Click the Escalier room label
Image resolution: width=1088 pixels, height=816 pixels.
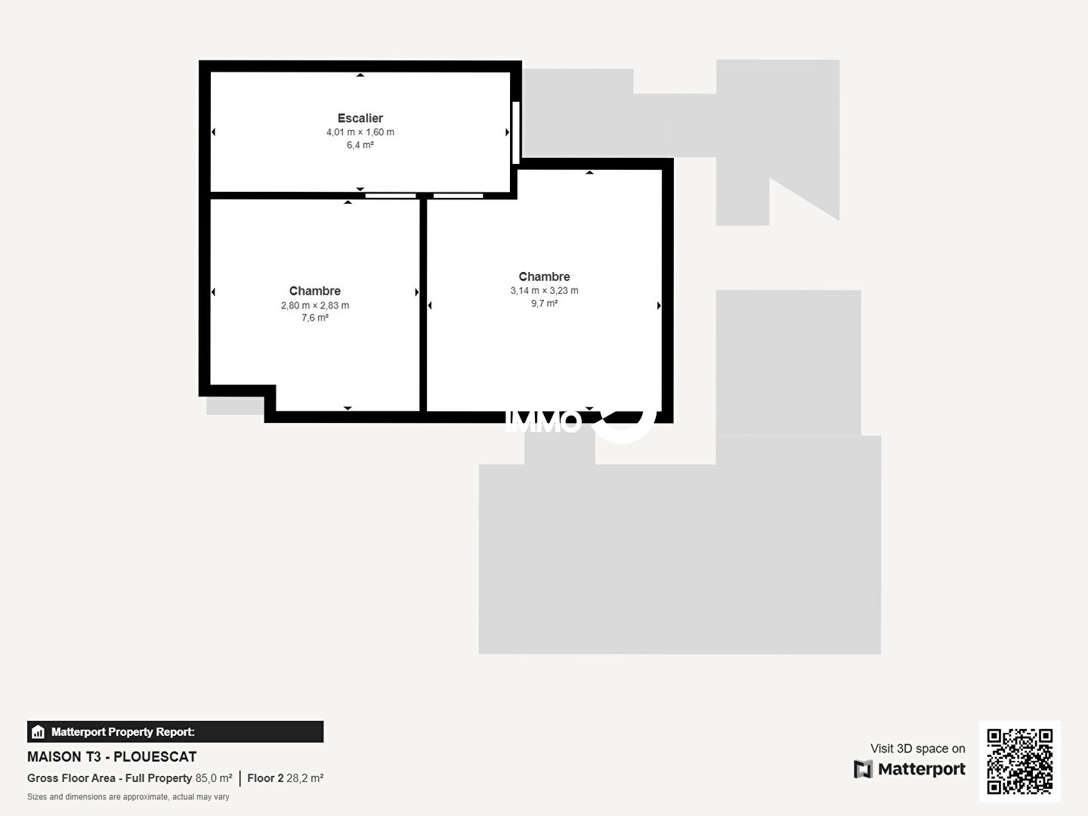tap(360, 118)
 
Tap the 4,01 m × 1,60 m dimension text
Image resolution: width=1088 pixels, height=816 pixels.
tap(360, 132)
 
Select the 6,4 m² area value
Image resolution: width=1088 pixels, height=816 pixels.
tap(360, 144)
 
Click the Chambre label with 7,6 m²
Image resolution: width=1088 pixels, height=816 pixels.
tap(315, 291)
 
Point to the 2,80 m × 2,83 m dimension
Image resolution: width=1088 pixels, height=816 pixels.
tap(315, 305)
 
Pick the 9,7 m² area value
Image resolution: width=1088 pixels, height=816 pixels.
tap(544, 303)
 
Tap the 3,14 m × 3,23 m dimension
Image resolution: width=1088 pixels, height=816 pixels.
tap(544, 290)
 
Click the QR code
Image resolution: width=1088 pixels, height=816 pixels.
tap(1019, 761)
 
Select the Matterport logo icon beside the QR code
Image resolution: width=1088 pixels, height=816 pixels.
tap(863, 769)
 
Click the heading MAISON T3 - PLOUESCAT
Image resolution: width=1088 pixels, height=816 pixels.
tap(112, 756)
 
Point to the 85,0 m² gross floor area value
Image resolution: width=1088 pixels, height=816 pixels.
tap(214, 778)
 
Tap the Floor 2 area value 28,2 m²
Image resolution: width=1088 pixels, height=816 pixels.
tap(304, 778)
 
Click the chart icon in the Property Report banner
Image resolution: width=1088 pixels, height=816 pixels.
tap(39, 732)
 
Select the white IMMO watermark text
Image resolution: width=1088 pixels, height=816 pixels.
tap(543, 422)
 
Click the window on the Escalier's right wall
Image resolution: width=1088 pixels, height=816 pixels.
tap(516, 132)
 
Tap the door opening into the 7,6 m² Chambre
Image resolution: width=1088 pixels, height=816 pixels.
tap(391, 196)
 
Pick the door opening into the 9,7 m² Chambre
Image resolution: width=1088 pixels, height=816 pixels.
tap(458, 196)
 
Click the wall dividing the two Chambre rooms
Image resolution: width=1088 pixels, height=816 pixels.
tap(423, 305)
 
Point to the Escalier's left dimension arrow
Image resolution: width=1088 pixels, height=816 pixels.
tap(213, 131)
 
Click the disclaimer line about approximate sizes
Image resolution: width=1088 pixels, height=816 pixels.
tap(128, 796)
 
